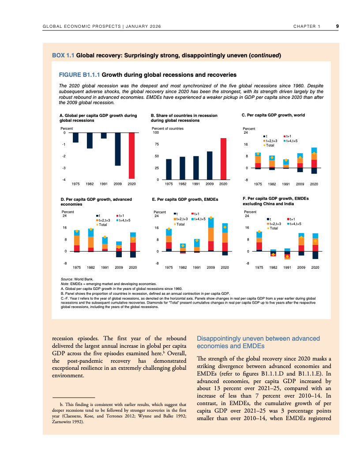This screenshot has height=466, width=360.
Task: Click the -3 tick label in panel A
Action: pos(64,168)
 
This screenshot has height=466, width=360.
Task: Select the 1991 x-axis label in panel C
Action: pos(286,184)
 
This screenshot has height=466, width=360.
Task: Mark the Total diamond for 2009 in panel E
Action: pos(211,218)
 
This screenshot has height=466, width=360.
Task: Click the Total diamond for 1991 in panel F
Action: pos(287,256)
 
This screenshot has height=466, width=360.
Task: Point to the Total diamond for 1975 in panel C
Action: pos(258,154)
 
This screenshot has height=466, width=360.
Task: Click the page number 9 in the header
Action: pos(337,26)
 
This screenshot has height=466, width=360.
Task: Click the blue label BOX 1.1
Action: pos(63,56)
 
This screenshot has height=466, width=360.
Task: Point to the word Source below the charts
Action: pos(67,280)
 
